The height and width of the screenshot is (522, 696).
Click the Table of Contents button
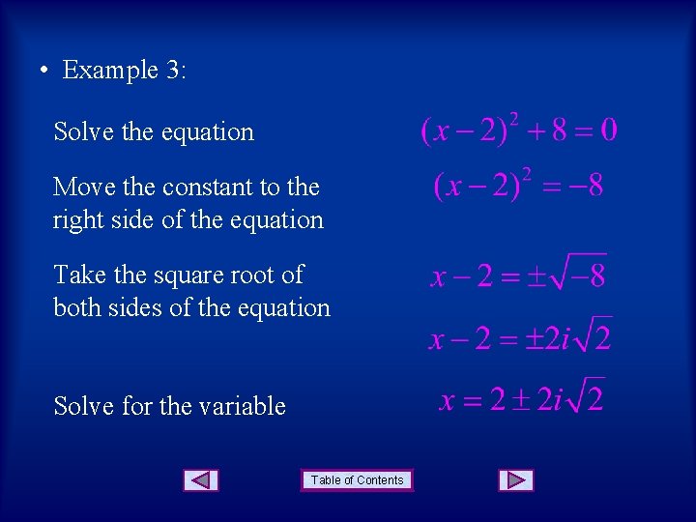(357, 479)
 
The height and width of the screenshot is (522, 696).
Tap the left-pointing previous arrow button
(200, 479)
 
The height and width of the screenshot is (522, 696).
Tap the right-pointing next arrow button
(516, 479)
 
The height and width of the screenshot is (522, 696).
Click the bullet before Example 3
(43, 71)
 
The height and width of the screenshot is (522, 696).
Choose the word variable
(242, 406)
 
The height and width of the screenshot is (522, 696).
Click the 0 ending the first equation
(608, 130)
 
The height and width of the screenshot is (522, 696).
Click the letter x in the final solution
(447, 400)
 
